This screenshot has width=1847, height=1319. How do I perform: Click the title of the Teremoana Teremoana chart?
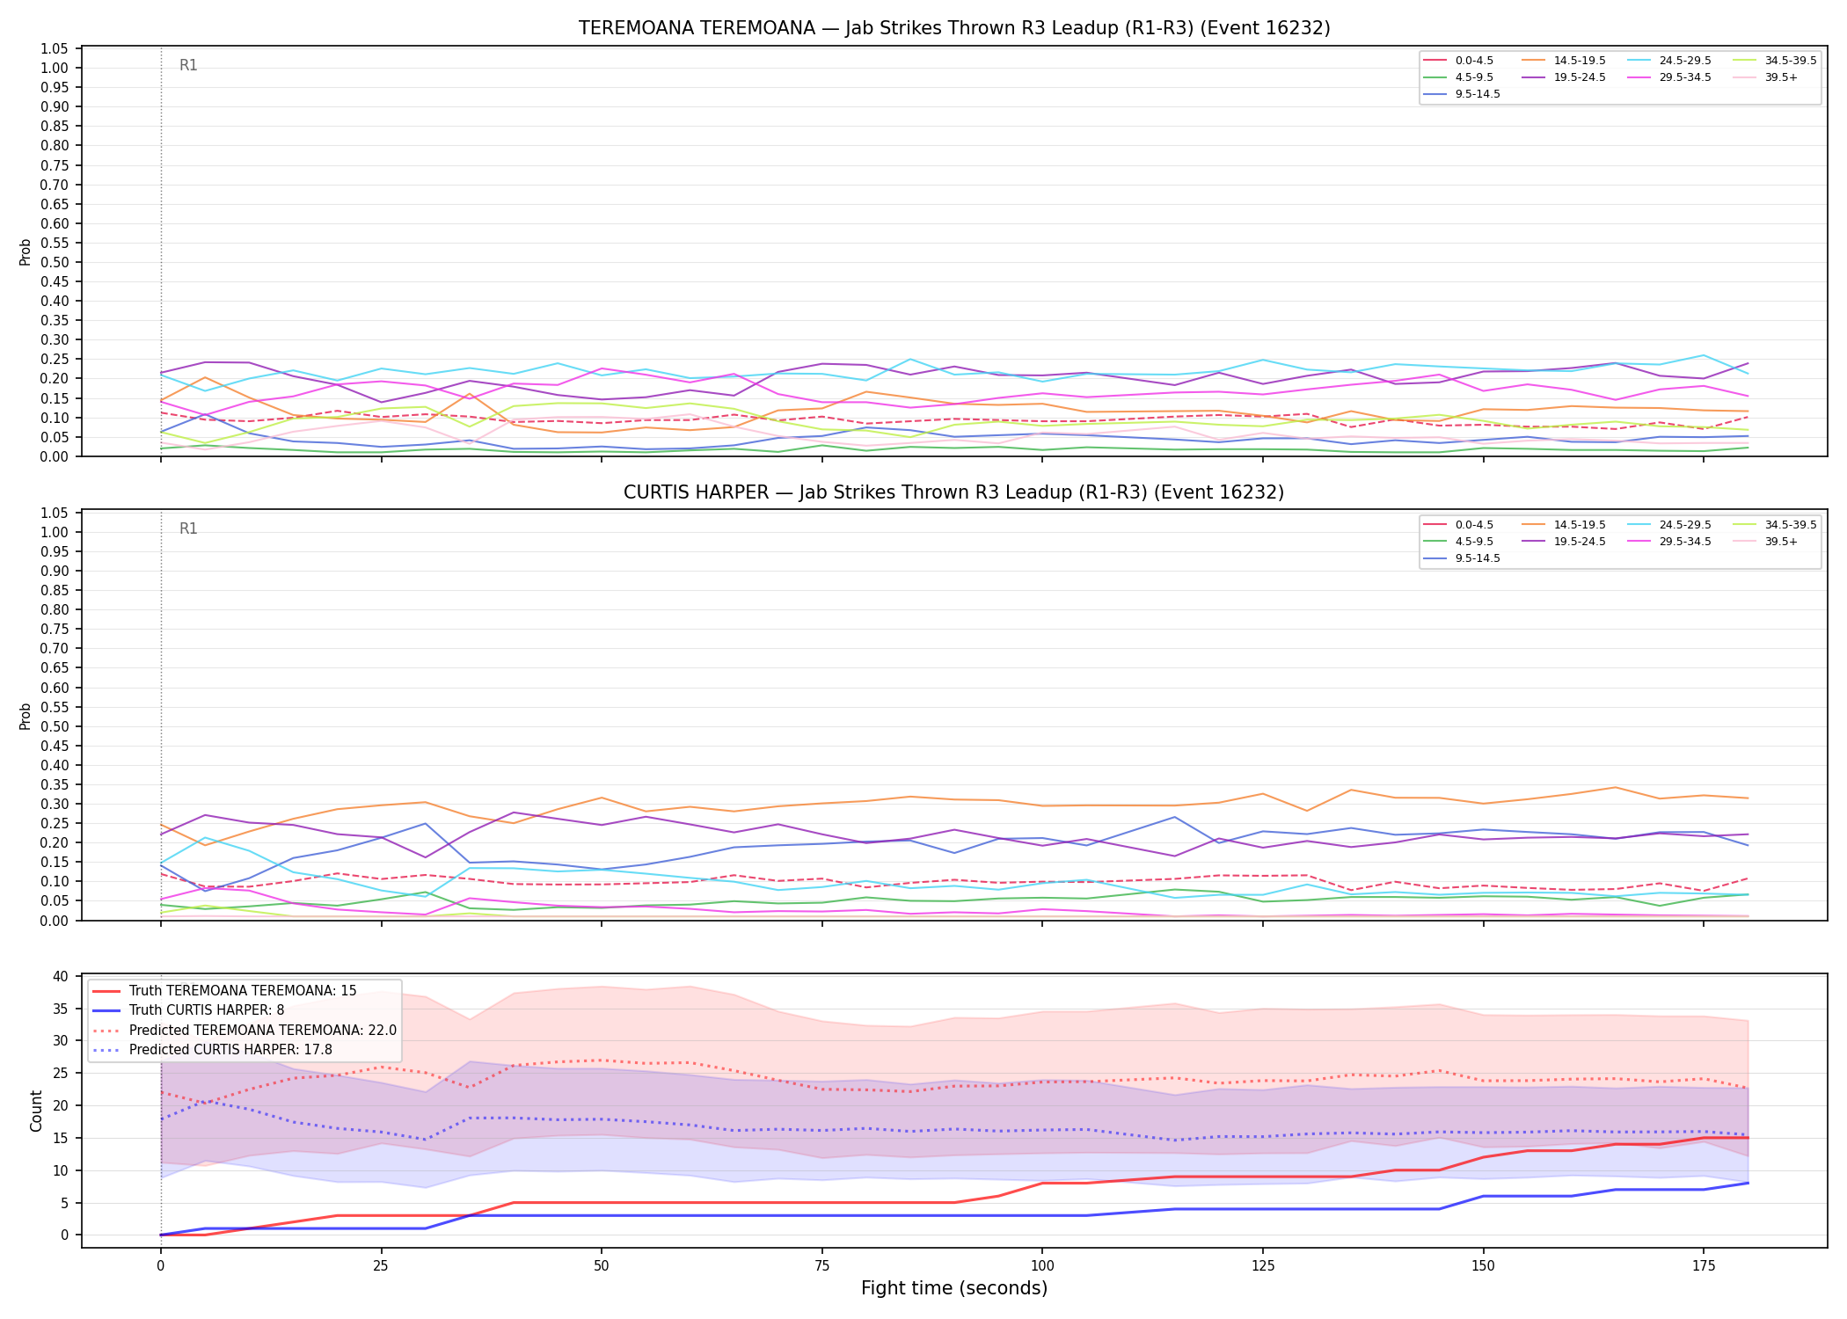(954, 28)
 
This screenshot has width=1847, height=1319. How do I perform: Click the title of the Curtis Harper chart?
(954, 492)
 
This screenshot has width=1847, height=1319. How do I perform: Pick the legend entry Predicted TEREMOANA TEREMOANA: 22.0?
(263, 1030)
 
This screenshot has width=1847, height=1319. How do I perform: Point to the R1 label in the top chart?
(188, 65)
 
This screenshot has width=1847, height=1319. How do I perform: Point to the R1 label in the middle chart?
(188, 528)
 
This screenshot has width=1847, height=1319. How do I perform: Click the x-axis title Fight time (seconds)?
(954, 1288)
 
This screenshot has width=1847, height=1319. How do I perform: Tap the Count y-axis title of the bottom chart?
(36, 1111)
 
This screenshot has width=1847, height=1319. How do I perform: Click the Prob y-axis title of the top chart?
(26, 251)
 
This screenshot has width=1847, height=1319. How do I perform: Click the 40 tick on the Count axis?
(61, 976)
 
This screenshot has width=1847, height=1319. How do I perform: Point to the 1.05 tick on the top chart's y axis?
(55, 48)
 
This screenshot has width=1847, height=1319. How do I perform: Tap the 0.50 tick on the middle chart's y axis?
(55, 726)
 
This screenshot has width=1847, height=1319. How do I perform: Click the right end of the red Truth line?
(1748, 1138)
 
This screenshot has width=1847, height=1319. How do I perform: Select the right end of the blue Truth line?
(1748, 1183)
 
